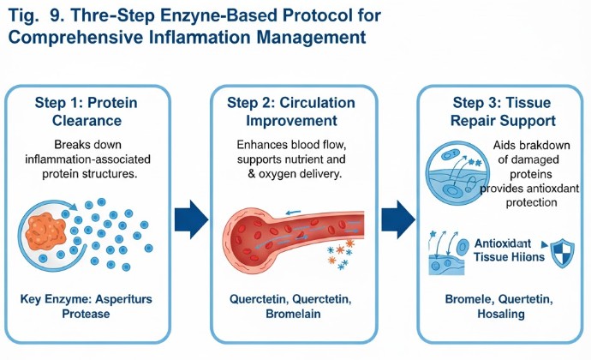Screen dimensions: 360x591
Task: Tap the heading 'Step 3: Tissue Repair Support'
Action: pyautogui.click(x=499, y=111)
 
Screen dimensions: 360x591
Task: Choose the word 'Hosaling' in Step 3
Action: pyautogui.click(x=501, y=314)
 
